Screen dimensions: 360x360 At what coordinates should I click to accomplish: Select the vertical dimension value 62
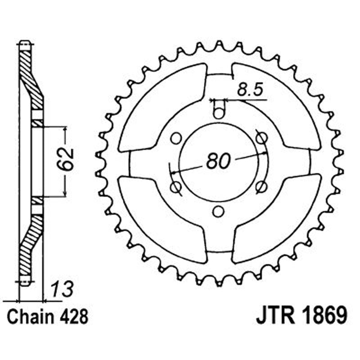(67, 158)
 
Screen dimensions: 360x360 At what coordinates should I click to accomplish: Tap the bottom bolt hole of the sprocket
(219, 211)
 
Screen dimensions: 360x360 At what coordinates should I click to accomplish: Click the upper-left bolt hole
(176, 137)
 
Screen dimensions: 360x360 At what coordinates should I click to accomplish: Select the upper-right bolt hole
(261, 137)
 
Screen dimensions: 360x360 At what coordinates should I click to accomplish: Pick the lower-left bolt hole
(176, 186)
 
